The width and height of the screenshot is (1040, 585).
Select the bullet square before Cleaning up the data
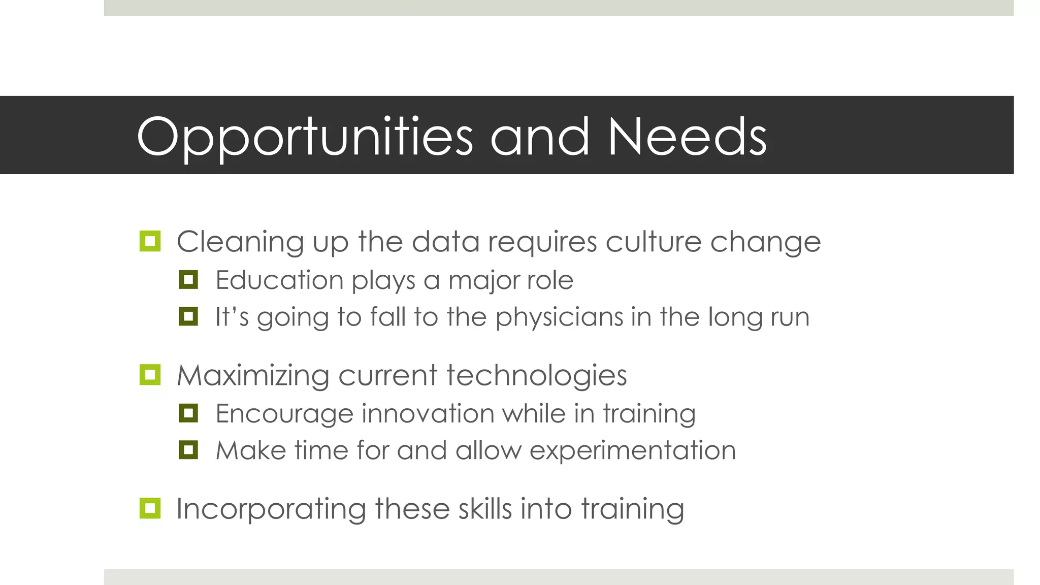pyautogui.click(x=150, y=241)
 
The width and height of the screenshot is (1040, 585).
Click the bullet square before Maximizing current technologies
pyautogui.click(x=150, y=375)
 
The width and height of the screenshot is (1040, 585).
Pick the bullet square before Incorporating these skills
pyautogui.click(x=150, y=508)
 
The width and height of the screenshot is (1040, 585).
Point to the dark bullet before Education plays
pyautogui.click(x=188, y=279)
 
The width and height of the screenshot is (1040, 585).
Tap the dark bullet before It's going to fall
pyautogui.click(x=188, y=316)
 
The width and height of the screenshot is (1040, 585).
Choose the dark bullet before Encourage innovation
pyautogui.click(x=188, y=413)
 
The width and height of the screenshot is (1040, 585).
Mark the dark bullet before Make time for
pyautogui.click(x=188, y=450)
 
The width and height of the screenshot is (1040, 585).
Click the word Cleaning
pyautogui.click(x=240, y=242)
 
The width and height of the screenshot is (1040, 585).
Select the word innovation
pyautogui.click(x=428, y=413)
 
